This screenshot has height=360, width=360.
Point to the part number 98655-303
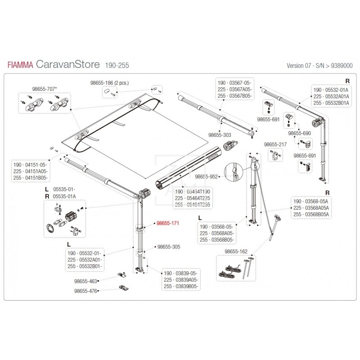click(x=220, y=135)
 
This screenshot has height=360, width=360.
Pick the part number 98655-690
click(x=299, y=134)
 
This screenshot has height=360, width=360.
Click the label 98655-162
click(x=235, y=251)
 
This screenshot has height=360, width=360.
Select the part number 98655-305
click(x=168, y=247)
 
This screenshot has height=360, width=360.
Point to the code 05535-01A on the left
click(x=64, y=196)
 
